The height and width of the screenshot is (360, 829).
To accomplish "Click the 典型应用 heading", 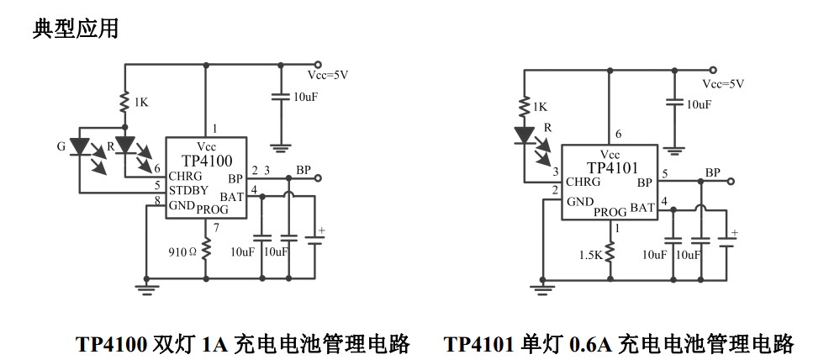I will (x=75, y=29).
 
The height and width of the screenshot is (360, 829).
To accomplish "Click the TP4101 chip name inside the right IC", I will (x=615, y=167).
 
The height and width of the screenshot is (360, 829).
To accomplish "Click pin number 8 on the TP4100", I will (x=157, y=199).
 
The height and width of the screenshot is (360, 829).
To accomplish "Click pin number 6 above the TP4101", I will (x=618, y=135).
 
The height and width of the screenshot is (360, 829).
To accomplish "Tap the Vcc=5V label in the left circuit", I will (x=328, y=75).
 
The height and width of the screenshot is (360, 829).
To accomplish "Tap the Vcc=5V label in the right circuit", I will (x=723, y=84).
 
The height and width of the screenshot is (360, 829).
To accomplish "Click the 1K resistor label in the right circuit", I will (x=539, y=107).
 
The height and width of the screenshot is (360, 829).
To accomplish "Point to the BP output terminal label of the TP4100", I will (x=303, y=171).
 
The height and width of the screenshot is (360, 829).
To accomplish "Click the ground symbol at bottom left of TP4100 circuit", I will (x=146, y=287).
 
